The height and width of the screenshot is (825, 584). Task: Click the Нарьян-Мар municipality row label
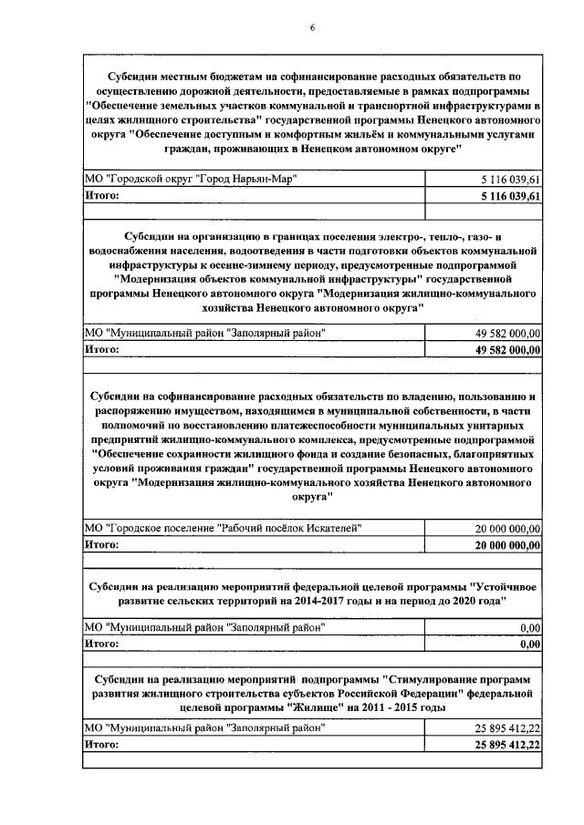[188, 179]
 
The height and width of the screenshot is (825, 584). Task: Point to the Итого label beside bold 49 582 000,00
[102, 348]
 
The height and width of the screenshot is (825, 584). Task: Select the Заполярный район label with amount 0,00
[203, 628]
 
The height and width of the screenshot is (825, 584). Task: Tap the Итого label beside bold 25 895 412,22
[102, 744]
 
